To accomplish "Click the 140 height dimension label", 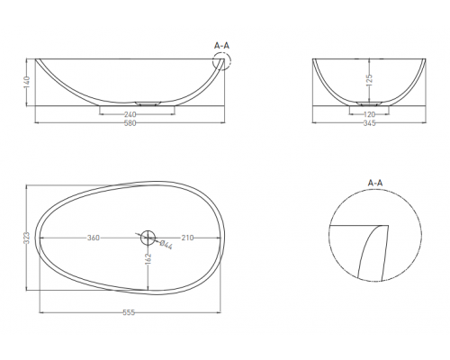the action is (x=27, y=82).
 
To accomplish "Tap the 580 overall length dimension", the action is (x=130, y=123).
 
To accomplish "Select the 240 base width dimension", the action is (x=130, y=114).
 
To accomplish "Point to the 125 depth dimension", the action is (x=369, y=80).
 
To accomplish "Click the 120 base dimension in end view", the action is (x=369, y=114).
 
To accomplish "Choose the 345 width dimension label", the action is (x=369, y=123).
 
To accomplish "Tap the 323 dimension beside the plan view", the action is (x=27, y=238).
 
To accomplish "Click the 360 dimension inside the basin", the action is (x=94, y=238).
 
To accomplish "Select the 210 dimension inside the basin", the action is (x=187, y=238).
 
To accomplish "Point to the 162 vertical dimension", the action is (x=148, y=259).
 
